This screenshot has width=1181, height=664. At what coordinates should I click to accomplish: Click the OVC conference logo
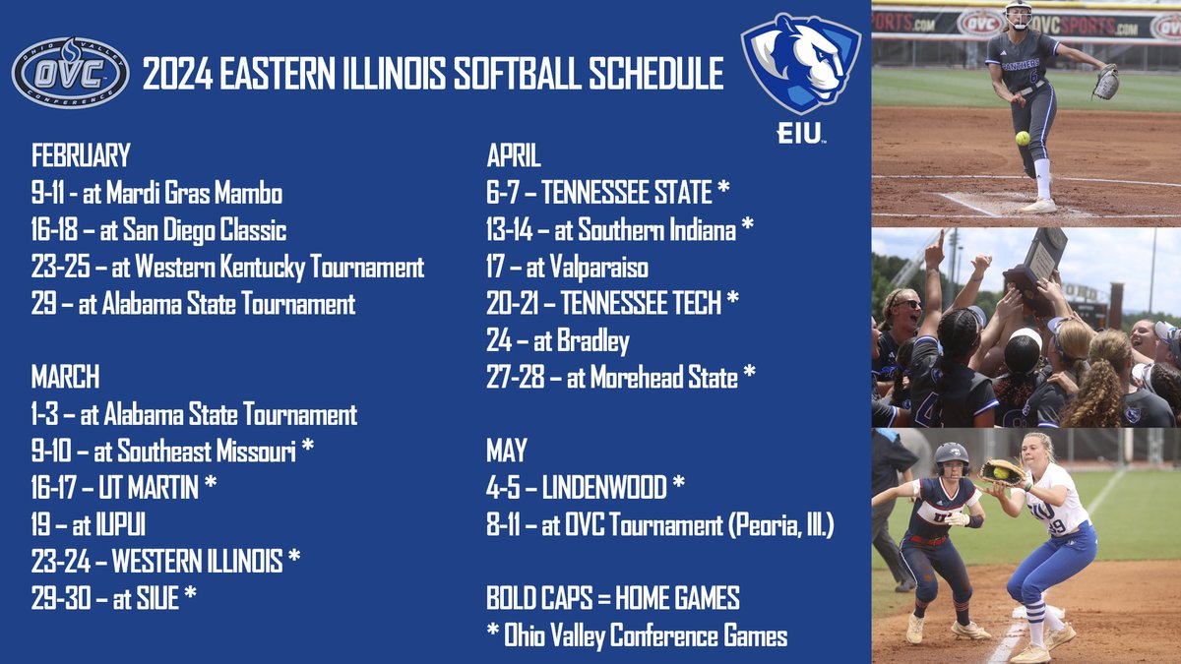(x=70, y=72)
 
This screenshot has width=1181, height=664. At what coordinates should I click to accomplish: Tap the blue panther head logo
(x=787, y=65)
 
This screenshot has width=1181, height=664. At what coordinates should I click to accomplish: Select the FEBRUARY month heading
(x=81, y=155)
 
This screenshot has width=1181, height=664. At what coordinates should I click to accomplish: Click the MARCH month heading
(x=65, y=377)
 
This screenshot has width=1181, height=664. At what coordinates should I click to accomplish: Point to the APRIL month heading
(x=514, y=155)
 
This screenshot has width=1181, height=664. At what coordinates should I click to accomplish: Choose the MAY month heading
(x=507, y=451)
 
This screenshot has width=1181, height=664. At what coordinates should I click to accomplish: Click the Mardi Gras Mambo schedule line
(x=144, y=193)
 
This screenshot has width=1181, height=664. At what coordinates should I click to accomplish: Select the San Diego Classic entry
(x=158, y=230)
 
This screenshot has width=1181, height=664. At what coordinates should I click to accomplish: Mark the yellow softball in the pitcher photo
(x=1023, y=138)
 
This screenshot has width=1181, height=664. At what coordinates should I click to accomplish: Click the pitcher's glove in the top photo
(x=1106, y=82)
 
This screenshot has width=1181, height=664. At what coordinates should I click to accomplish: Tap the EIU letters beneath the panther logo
(x=798, y=134)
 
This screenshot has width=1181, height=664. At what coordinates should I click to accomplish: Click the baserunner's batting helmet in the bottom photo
(x=951, y=454)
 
